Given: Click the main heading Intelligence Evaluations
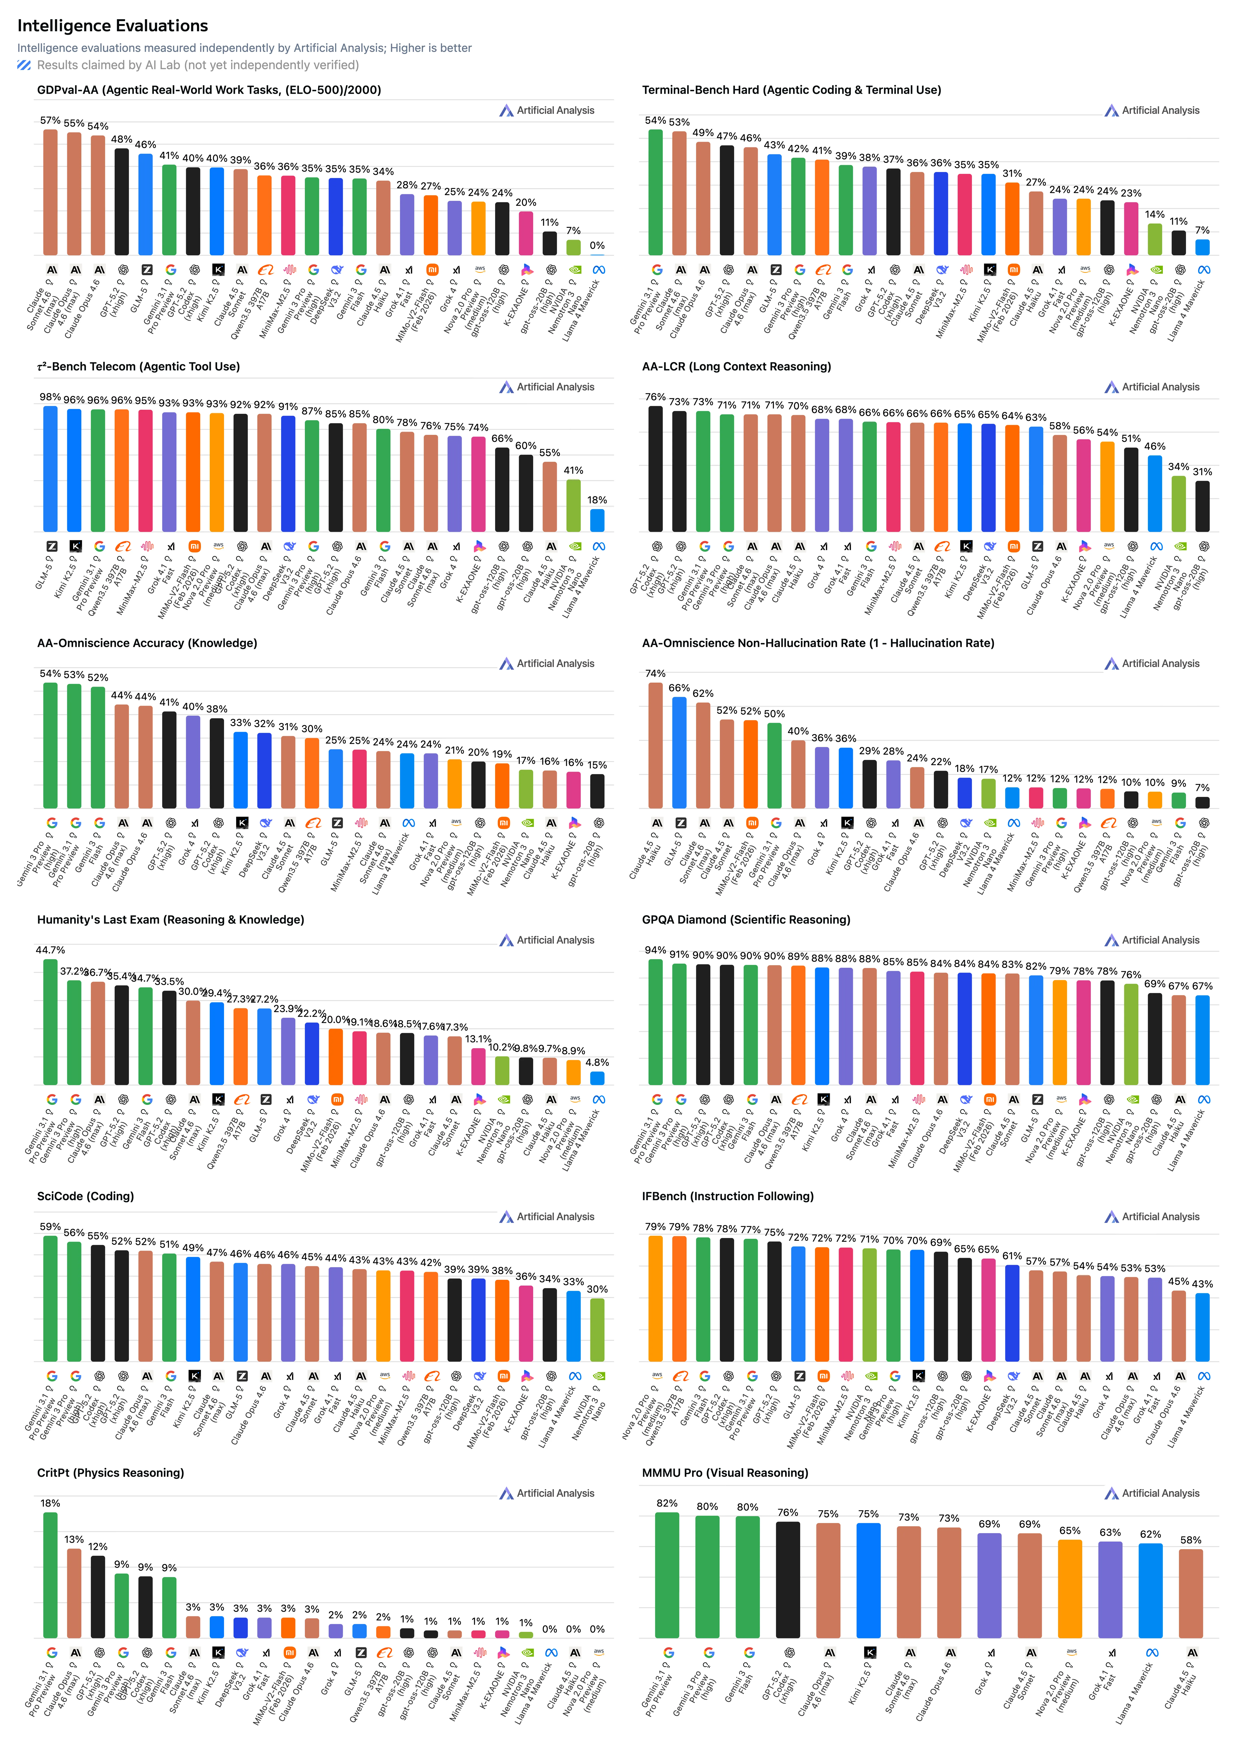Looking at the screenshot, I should coord(113,26).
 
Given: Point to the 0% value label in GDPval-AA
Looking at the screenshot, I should coord(597,246).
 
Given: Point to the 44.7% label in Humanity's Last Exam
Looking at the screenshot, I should coord(50,950).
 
